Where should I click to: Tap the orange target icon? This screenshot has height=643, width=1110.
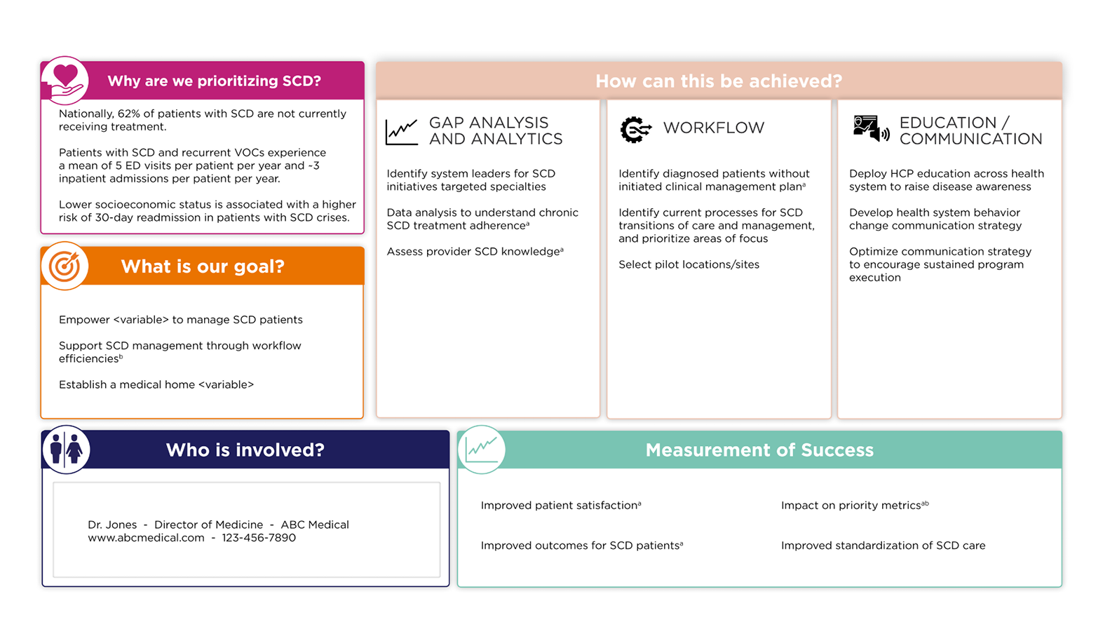(65, 266)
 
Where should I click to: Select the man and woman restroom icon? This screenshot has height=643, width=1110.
(66, 449)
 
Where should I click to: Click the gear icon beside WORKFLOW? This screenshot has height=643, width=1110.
(635, 130)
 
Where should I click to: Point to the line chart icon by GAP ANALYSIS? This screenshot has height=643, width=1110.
(402, 131)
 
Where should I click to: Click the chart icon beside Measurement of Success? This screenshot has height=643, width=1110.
(481, 449)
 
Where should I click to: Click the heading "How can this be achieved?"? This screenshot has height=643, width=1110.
(719, 81)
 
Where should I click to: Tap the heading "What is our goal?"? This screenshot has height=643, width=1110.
(203, 267)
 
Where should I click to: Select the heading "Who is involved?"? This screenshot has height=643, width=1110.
(245, 450)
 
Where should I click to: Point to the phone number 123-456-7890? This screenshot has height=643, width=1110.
(259, 538)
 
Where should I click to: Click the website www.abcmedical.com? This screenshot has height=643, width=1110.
(146, 538)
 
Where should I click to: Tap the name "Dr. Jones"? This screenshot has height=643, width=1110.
(112, 524)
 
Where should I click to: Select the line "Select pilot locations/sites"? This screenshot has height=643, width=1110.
(689, 264)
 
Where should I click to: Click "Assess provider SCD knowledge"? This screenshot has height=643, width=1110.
(474, 252)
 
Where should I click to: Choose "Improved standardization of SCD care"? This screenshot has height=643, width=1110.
(883, 546)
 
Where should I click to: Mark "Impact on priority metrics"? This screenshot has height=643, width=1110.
(851, 506)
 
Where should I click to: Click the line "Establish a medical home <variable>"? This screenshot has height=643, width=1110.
(156, 384)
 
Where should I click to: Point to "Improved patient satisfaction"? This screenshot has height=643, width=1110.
(560, 506)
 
